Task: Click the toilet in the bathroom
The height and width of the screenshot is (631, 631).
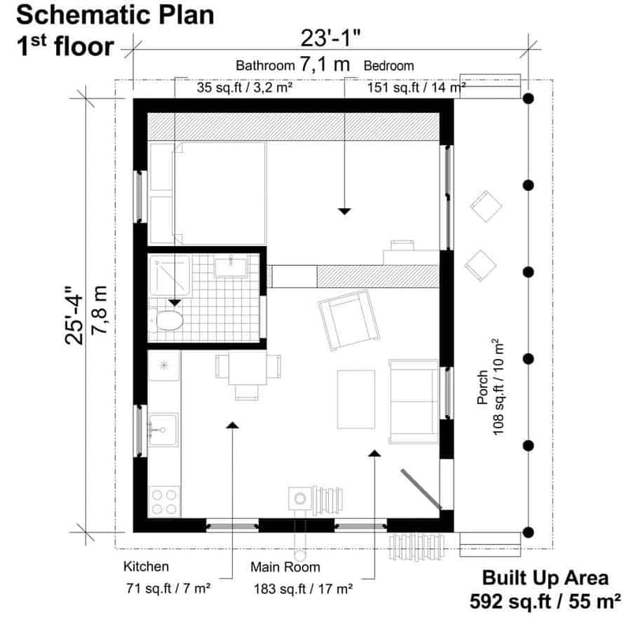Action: (x=169, y=321)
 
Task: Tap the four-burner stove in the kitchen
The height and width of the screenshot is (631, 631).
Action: (x=164, y=501)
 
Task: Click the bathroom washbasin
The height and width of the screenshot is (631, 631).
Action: (x=230, y=267)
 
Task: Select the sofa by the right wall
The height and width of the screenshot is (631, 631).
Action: (x=413, y=401)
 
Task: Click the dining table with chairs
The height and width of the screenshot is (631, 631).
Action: (x=248, y=369)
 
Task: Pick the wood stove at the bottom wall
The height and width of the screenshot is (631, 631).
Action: (x=301, y=498)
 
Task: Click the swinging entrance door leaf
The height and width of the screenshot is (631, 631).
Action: (x=420, y=489)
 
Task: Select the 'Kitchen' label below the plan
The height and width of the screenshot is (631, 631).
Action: (x=146, y=566)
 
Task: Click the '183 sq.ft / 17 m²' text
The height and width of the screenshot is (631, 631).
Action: (x=303, y=588)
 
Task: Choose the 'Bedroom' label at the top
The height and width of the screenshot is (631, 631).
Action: (x=388, y=65)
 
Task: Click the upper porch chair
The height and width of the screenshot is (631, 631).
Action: (x=487, y=207)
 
